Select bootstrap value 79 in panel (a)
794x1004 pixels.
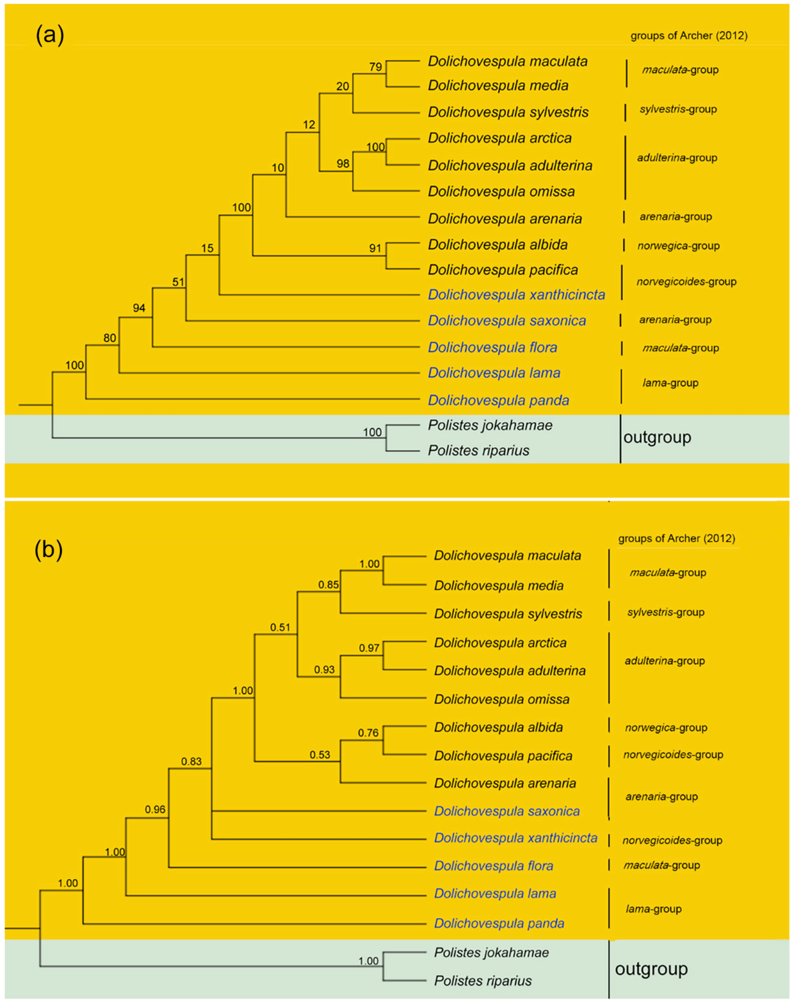pyautogui.click(x=376, y=67)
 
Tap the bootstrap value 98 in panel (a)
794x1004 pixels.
pyautogui.click(x=343, y=164)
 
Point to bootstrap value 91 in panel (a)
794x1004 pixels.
pyautogui.click(x=375, y=248)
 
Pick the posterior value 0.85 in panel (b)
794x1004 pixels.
pyautogui.click(x=328, y=585)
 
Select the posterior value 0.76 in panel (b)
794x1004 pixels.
pyautogui.click(x=368, y=733)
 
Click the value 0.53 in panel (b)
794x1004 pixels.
pyautogui.click(x=320, y=755)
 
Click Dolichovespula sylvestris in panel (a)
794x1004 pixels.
pyautogui.click(x=508, y=112)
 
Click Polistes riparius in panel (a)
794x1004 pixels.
pyautogui.click(x=478, y=450)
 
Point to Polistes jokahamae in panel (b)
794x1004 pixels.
pyautogui.click(x=491, y=952)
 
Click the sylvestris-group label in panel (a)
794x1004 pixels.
pyautogui.click(x=678, y=109)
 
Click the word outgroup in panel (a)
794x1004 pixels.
pyautogui.click(x=657, y=437)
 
